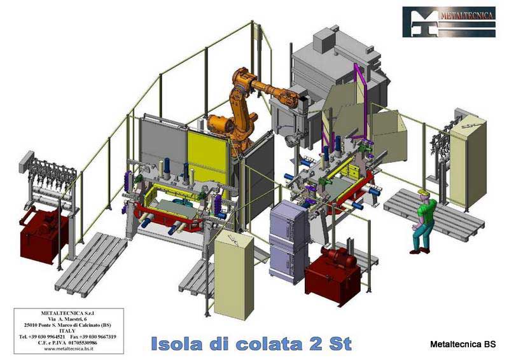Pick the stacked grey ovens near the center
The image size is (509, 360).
click(x=288, y=239)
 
